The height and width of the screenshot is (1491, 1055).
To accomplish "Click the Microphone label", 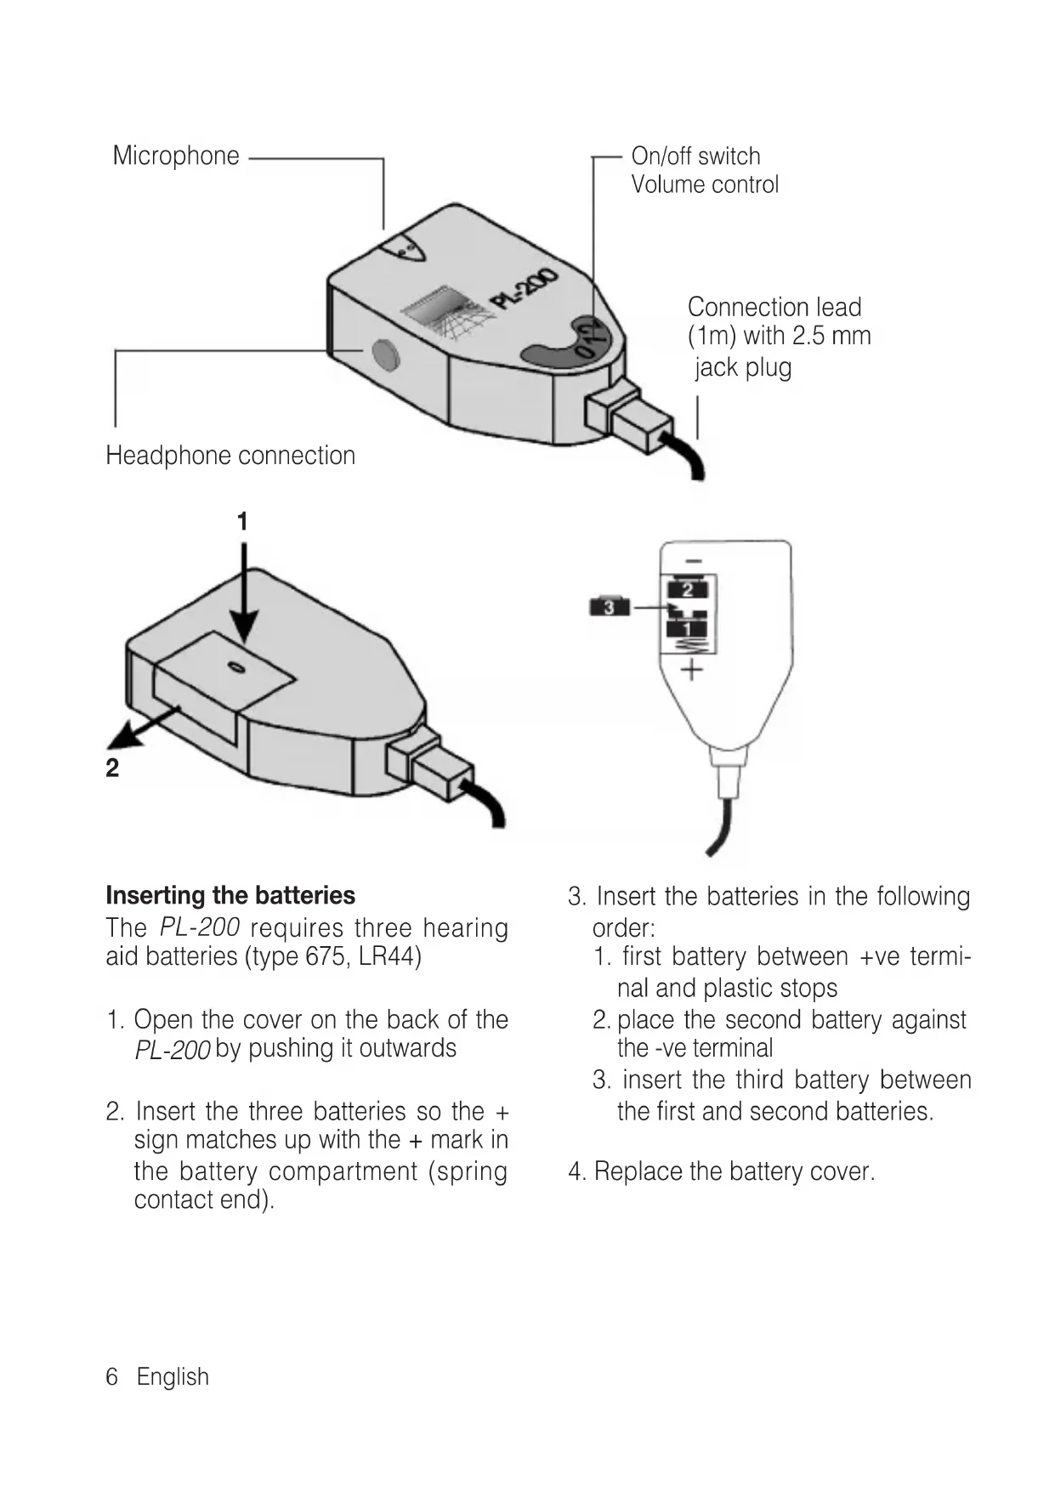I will [176, 156].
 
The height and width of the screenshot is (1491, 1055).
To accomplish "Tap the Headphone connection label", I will [230, 456].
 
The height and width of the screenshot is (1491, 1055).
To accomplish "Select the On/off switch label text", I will [695, 156].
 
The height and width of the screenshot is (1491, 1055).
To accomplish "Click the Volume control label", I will [704, 184].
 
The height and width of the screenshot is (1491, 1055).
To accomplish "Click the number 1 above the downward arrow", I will [242, 521].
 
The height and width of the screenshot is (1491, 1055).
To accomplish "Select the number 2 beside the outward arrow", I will [112, 768].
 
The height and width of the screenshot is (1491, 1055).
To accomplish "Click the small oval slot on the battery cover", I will [237, 669].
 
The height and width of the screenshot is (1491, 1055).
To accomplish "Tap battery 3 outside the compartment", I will [609, 607].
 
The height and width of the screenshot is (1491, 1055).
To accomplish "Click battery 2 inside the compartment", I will [688, 589].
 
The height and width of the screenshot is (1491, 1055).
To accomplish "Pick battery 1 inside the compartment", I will [689, 629].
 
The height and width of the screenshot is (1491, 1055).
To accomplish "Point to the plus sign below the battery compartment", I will [692, 670].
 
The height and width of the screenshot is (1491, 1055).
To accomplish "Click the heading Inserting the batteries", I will [230, 896].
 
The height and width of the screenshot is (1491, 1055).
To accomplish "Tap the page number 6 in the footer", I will [111, 1377].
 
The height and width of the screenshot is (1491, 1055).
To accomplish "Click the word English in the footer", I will [173, 1377].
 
